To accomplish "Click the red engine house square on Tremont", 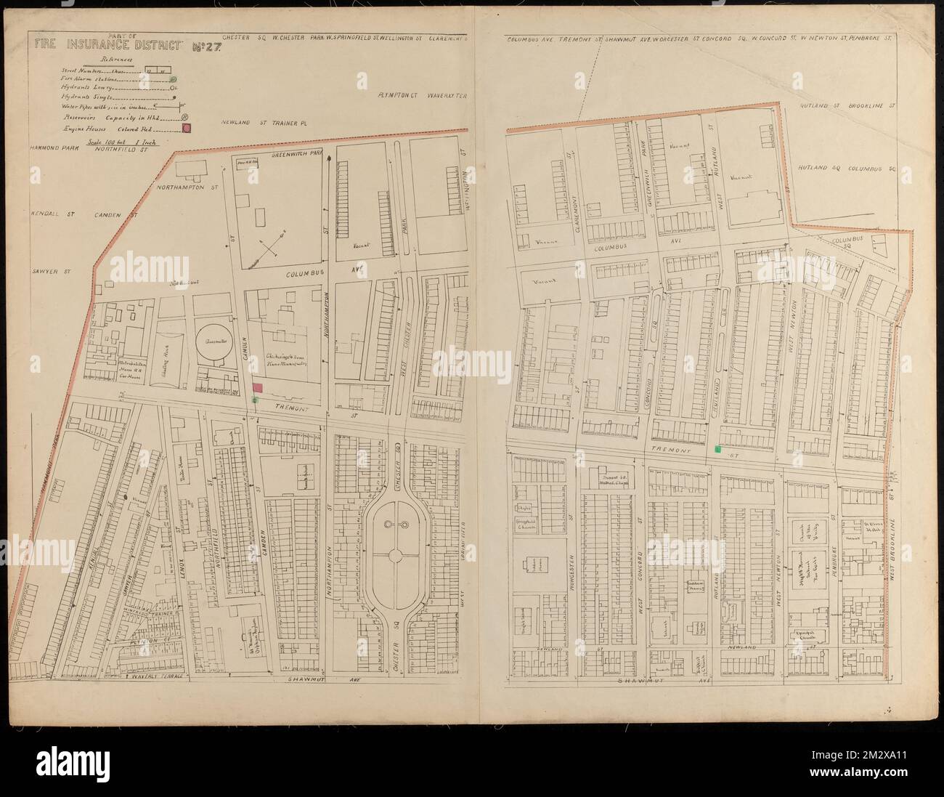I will (258, 389).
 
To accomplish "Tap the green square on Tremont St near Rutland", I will (718, 450).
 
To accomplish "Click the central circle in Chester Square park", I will (395, 554).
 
